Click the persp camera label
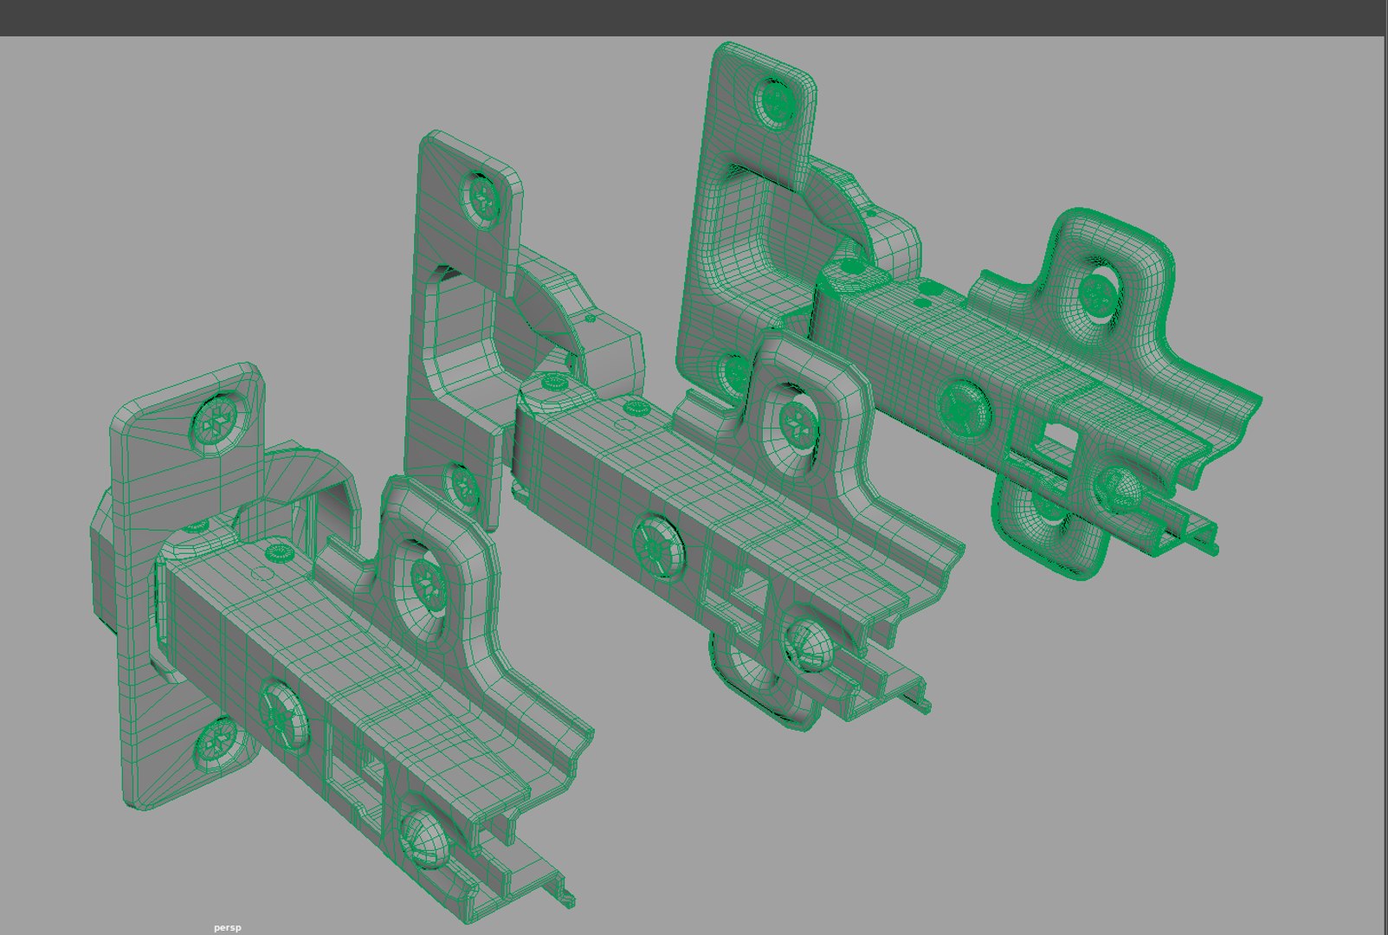click(x=228, y=927)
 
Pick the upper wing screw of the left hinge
click(x=427, y=583)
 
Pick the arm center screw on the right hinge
click(x=962, y=405)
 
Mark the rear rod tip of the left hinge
click(x=567, y=900)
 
